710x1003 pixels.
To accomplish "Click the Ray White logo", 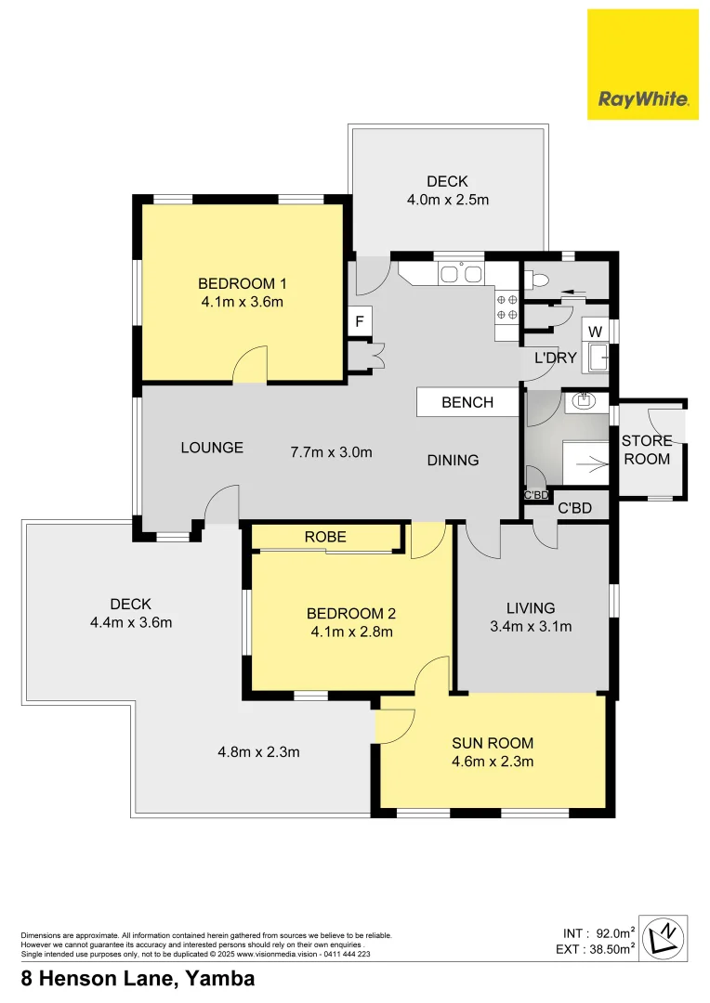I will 642,64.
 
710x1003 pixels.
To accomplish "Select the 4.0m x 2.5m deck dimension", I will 447,200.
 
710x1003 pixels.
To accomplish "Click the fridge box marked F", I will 359,322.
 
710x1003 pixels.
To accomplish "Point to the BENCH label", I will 467,402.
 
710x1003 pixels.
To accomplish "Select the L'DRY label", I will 556,358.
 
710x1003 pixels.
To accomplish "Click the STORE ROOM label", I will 647,450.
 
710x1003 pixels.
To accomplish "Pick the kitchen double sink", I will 460,274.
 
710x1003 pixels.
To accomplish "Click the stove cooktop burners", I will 506,307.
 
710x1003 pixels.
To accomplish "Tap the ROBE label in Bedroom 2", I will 325,537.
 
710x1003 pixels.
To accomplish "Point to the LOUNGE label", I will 212,448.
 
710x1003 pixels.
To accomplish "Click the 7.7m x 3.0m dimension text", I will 331,452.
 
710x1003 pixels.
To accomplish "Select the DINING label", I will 454,460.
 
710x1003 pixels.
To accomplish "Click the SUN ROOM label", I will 493,743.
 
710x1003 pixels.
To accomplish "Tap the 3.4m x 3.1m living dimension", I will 530,627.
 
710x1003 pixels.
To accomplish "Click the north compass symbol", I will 666,937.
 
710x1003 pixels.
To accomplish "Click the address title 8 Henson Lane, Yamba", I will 138,979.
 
